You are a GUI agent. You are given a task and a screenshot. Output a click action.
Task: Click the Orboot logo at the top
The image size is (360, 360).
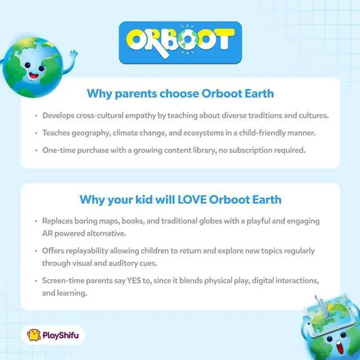(x=180, y=42)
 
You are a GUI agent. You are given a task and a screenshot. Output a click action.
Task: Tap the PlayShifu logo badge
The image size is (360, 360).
(x=55, y=336)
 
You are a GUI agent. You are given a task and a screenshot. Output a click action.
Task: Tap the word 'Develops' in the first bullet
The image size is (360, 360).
(x=59, y=116)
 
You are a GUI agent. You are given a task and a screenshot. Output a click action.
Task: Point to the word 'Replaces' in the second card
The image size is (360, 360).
(x=59, y=221)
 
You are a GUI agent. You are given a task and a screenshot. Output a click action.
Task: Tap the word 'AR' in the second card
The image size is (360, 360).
(x=48, y=232)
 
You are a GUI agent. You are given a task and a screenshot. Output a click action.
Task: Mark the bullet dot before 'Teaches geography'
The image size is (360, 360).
(x=37, y=133)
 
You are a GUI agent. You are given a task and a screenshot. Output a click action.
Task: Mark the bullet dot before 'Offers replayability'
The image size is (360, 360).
(x=37, y=250)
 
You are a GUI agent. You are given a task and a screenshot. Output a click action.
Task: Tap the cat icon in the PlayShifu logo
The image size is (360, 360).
(x=34, y=336)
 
